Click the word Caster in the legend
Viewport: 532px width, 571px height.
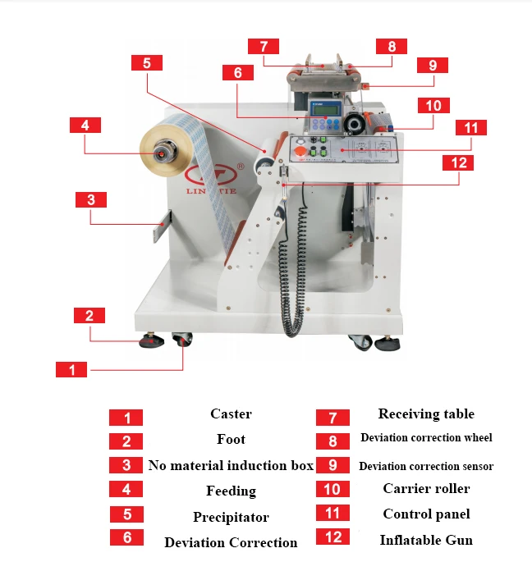231,414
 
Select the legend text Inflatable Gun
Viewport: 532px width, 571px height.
425,540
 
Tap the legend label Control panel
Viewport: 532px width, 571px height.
425,514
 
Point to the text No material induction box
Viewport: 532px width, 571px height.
231,465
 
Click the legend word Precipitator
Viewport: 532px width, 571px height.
231,518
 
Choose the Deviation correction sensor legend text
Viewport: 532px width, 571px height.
426,466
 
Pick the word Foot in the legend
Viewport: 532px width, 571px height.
231,440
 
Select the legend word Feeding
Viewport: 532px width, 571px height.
231,491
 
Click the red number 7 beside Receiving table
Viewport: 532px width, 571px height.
332,418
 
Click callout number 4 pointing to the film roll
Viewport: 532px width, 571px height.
85,126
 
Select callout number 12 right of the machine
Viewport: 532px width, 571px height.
459,162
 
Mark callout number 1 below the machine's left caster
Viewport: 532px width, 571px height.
71,370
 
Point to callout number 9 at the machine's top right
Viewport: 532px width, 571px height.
432,65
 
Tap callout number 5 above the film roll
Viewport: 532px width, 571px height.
146,62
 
